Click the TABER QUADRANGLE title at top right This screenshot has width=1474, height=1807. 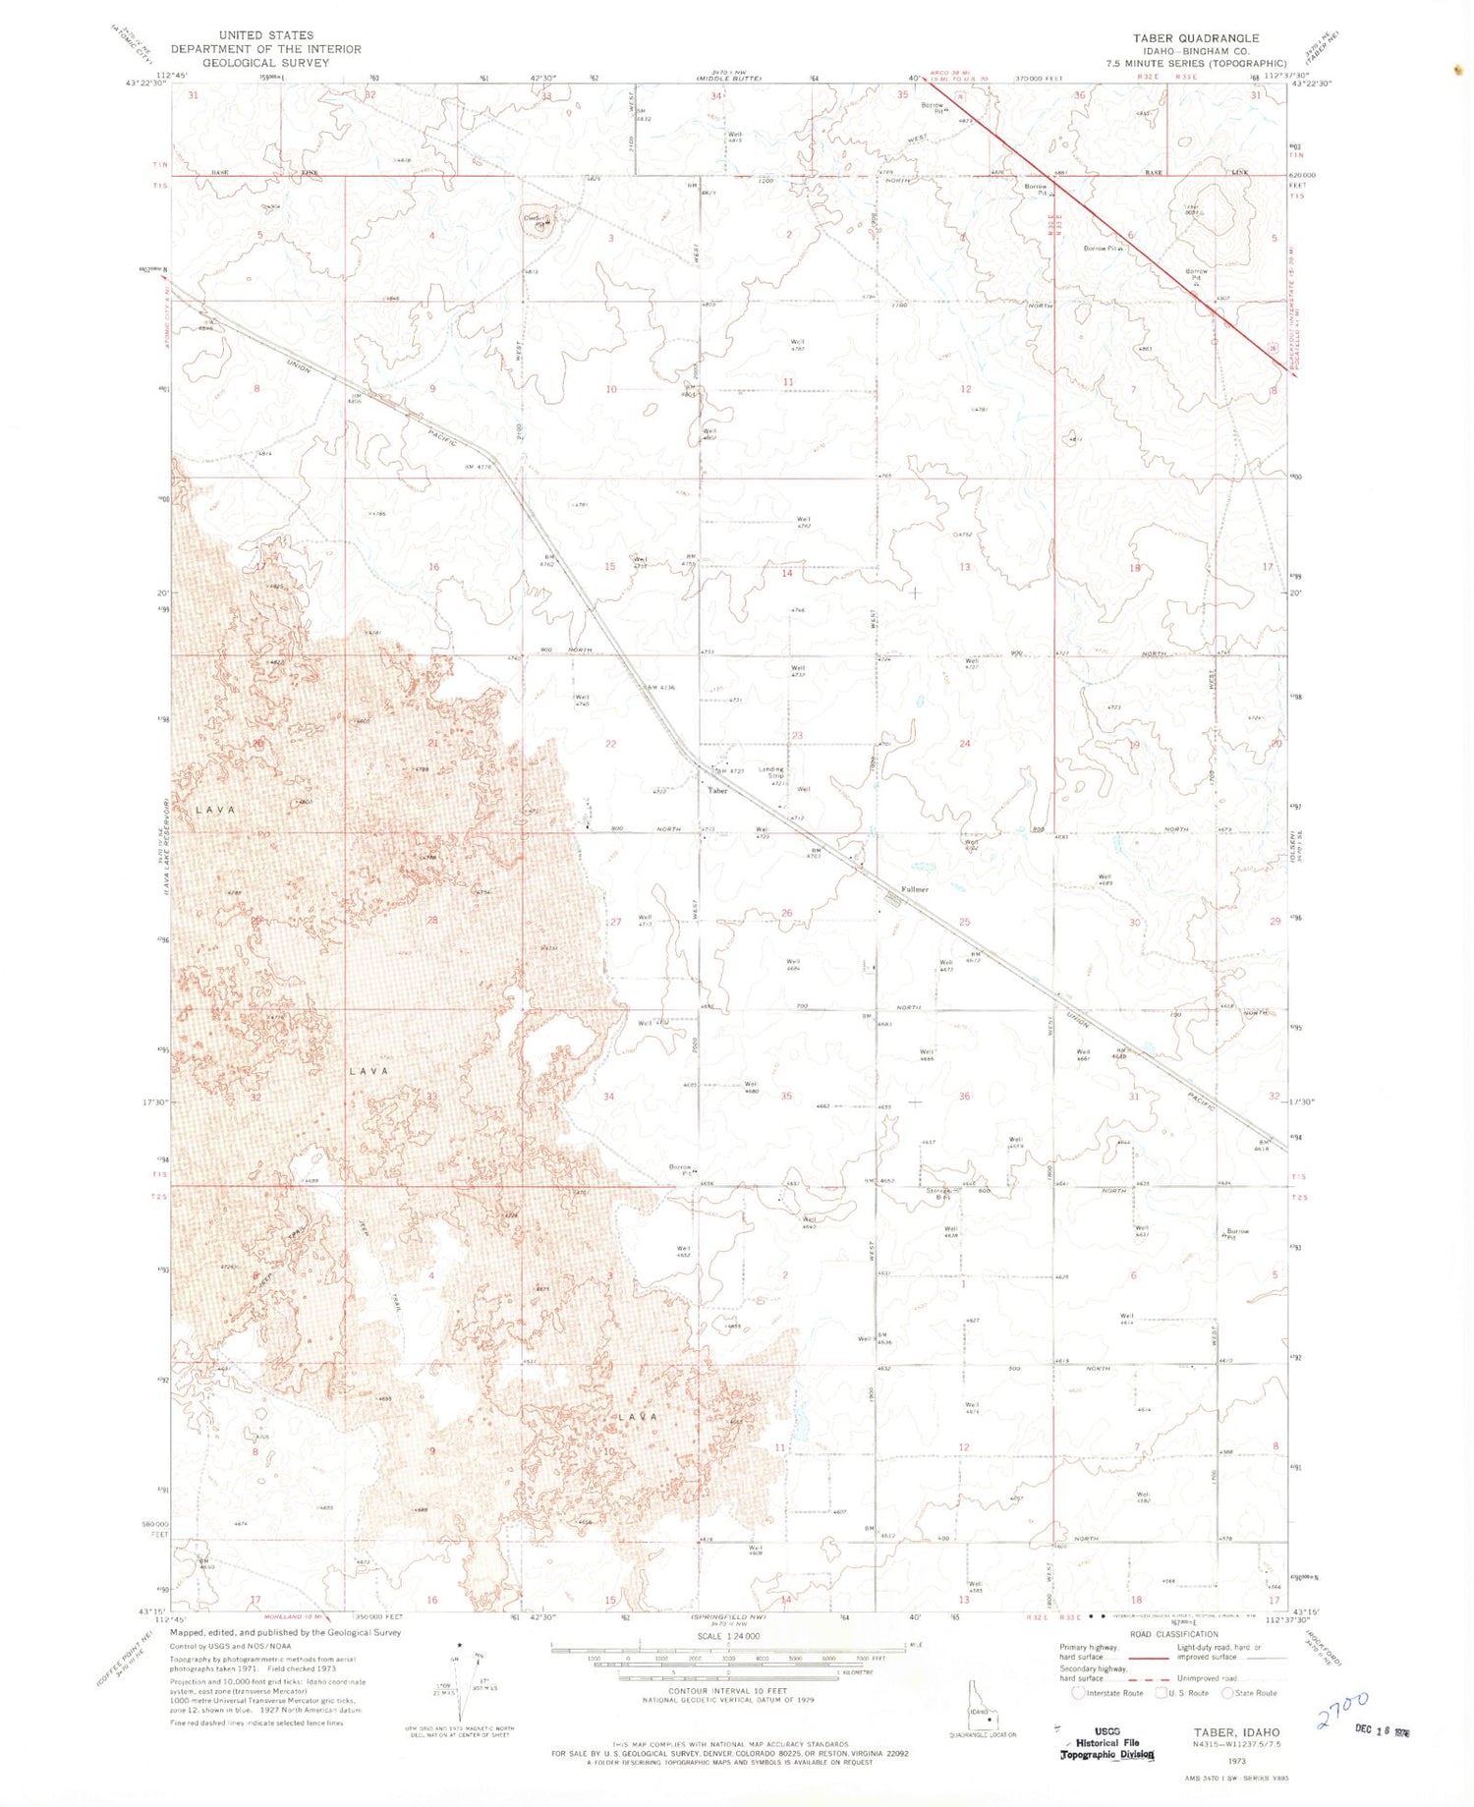[x=1195, y=37]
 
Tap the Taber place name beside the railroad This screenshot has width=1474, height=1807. [x=718, y=790]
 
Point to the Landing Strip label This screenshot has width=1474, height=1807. [x=771, y=772]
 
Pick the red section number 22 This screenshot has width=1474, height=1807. [x=610, y=744]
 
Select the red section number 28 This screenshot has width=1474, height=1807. [x=432, y=920]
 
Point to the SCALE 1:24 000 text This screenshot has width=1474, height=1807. [x=727, y=1636]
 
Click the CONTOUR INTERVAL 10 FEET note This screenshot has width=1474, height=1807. [x=727, y=1691]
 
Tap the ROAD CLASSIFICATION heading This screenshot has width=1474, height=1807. [x=1173, y=1634]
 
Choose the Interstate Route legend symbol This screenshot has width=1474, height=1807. [x=1078, y=1692]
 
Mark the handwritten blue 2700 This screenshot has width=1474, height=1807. [x=1342, y=1709]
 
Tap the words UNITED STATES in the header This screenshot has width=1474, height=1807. [x=266, y=34]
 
